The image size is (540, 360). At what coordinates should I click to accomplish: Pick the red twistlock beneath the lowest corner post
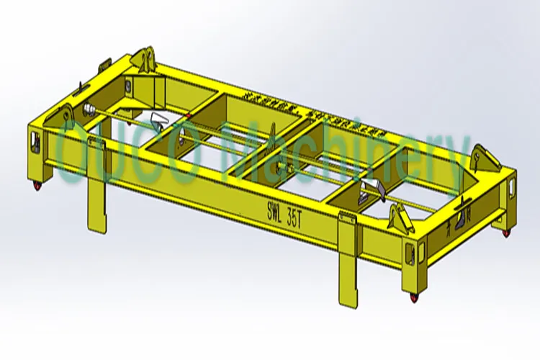(x=413, y=297)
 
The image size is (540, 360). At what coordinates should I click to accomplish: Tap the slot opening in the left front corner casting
(x=35, y=138)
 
